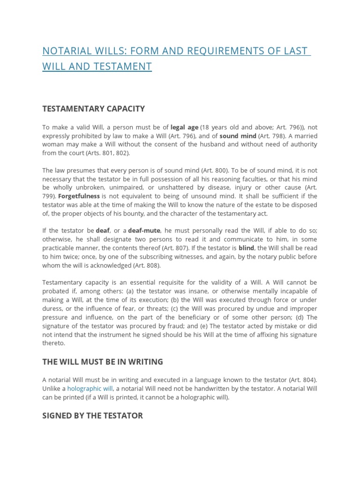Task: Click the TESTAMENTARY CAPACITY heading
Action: [x=94, y=109]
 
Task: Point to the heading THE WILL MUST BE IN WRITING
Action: [x=103, y=361]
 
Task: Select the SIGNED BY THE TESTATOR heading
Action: [x=92, y=415]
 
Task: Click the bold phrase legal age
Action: [x=184, y=127]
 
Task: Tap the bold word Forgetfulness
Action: [x=79, y=196]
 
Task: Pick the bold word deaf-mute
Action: [x=144, y=230]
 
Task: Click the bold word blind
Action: [x=246, y=247]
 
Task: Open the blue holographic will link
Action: [x=90, y=389]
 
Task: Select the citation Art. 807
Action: [x=177, y=247]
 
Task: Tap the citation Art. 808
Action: [x=146, y=265]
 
